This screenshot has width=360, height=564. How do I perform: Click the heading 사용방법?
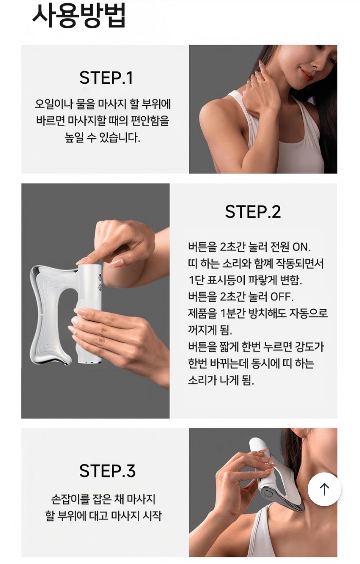[x=79, y=16]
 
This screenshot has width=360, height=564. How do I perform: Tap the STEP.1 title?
[x=106, y=78]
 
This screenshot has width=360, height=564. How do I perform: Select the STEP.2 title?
[x=253, y=211]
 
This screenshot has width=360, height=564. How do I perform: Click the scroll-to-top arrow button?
[x=324, y=489]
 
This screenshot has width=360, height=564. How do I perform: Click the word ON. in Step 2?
[x=301, y=247]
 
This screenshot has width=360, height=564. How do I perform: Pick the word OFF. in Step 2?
[x=282, y=297]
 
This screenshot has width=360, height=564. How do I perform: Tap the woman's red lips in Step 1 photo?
[x=306, y=74]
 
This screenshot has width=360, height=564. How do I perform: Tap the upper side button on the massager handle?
[x=100, y=277]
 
